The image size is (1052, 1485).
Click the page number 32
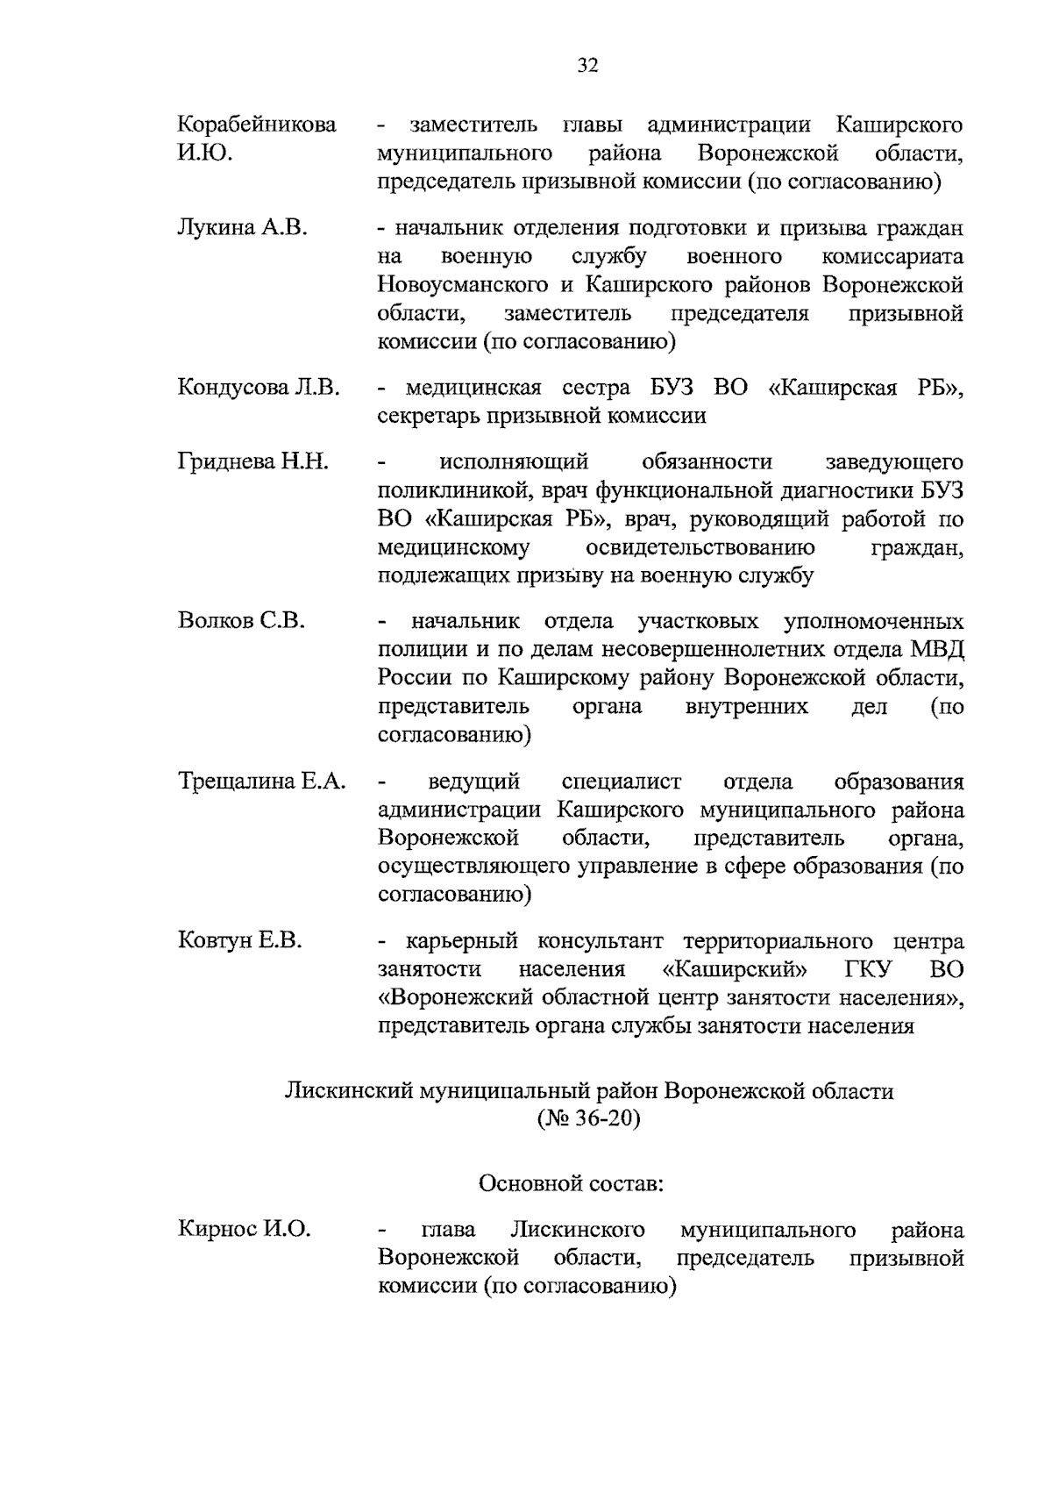[x=587, y=65]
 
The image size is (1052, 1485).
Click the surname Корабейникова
[x=257, y=125]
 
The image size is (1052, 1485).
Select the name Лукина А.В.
[x=242, y=228]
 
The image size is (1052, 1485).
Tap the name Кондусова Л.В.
[x=259, y=388]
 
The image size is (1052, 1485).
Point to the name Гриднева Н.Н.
[x=252, y=461]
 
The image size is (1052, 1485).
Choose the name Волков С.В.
[x=241, y=621]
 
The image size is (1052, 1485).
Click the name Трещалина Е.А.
[x=262, y=781]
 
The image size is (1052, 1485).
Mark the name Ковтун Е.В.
[x=239, y=941]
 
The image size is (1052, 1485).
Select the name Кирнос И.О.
[x=244, y=1230]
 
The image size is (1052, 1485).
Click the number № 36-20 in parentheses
[x=588, y=1119]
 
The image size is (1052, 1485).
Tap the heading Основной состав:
[x=571, y=1183]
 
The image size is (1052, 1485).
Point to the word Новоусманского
[x=464, y=285]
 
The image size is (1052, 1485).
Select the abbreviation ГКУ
[x=869, y=969]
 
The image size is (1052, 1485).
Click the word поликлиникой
[x=446, y=490]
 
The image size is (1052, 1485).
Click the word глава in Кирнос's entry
[x=449, y=1230]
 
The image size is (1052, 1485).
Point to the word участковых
[x=698, y=621]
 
